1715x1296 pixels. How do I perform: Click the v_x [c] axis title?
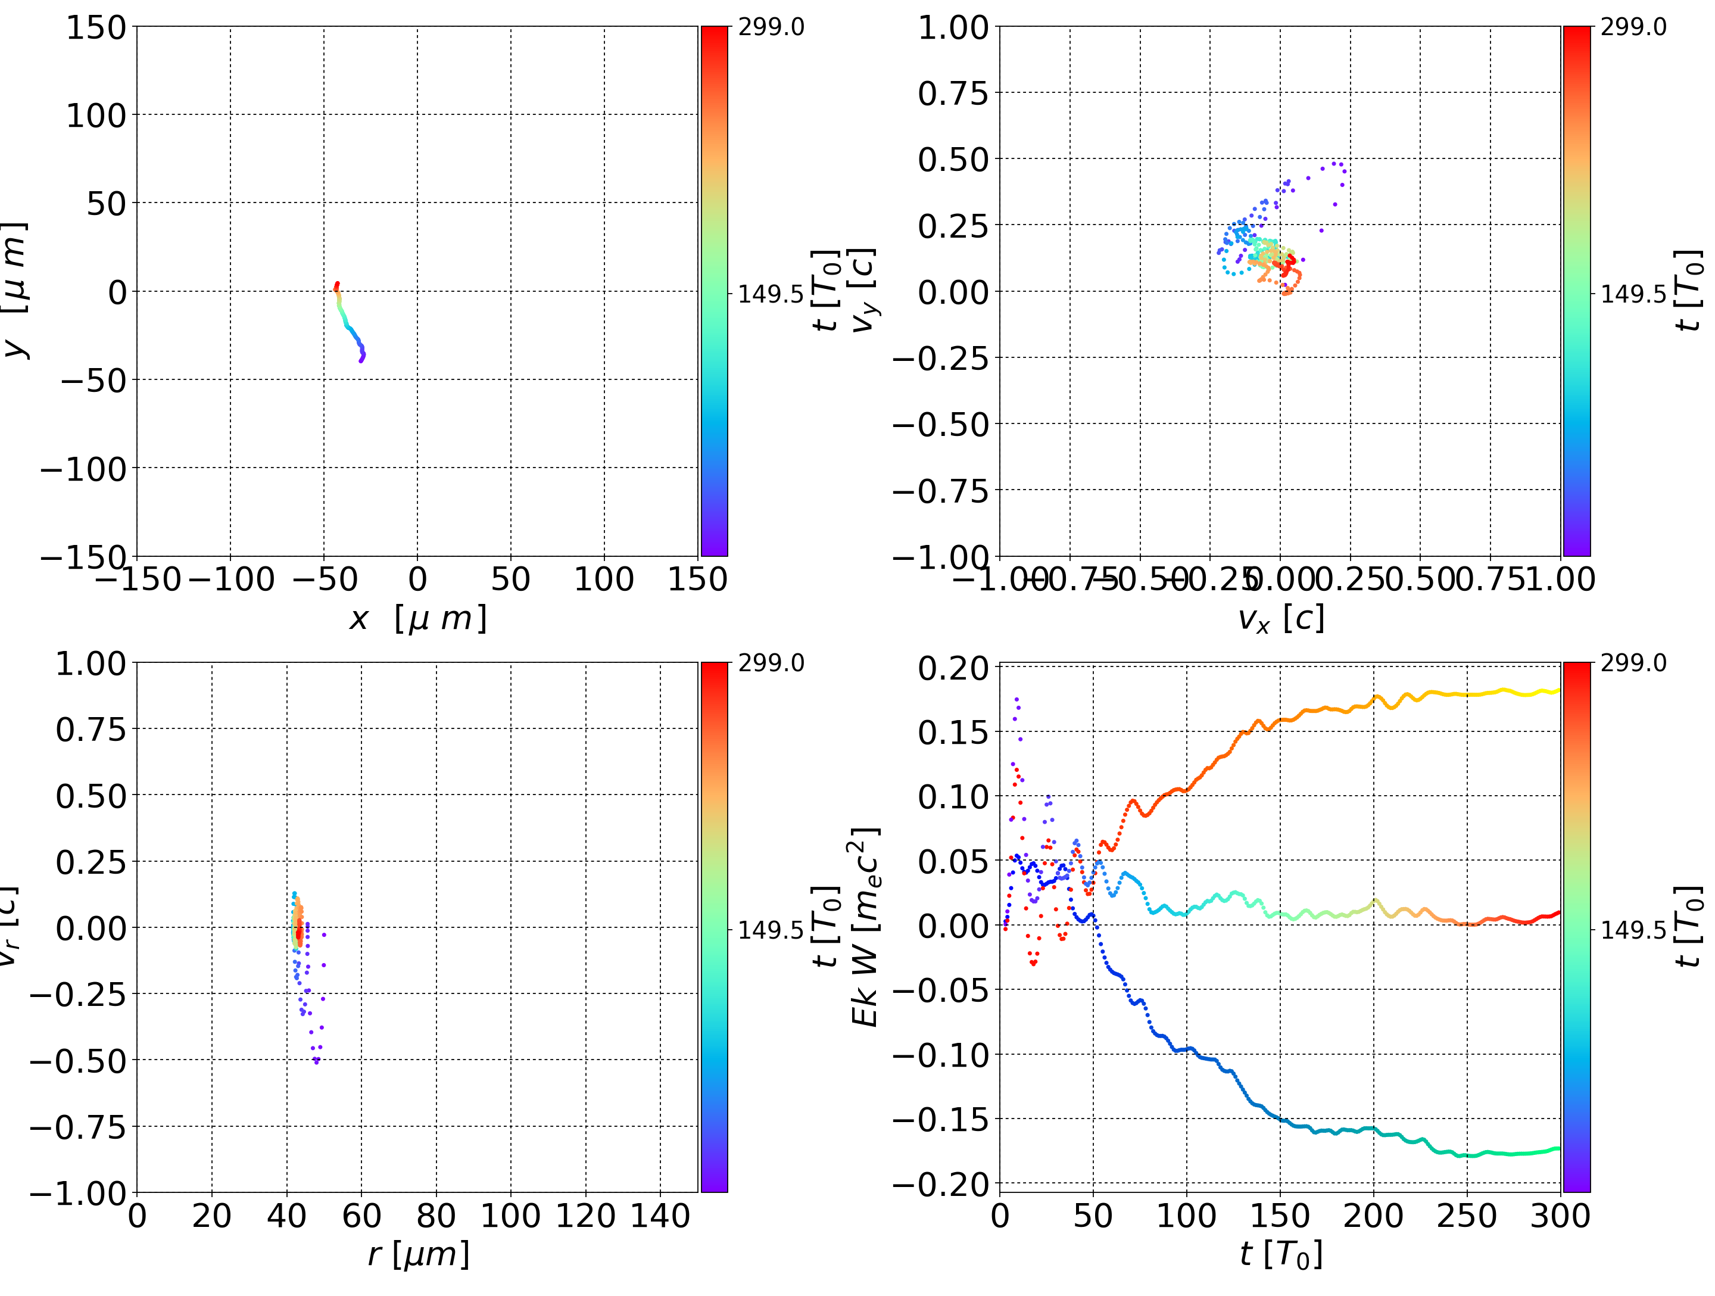1280,619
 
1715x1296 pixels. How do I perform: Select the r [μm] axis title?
418,1255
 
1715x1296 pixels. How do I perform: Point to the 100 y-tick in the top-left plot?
95,116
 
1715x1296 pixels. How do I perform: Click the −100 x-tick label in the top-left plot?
230,580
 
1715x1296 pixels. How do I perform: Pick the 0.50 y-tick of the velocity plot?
953,160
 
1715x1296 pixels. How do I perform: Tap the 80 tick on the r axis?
436,1216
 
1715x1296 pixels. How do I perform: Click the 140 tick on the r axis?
660,1216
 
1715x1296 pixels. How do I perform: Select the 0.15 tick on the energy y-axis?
953,732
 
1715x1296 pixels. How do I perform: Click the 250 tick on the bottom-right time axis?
1467,1216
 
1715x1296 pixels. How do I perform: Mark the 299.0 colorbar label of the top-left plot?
771,27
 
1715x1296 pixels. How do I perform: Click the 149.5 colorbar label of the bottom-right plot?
1633,930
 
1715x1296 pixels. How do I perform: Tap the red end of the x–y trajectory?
337,284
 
